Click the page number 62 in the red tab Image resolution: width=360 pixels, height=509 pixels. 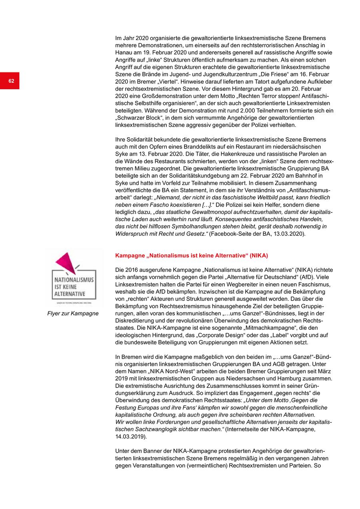click(11, 81)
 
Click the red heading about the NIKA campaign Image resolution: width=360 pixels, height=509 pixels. click(191, 255)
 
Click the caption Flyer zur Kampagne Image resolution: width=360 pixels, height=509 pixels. click(73, 313)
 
